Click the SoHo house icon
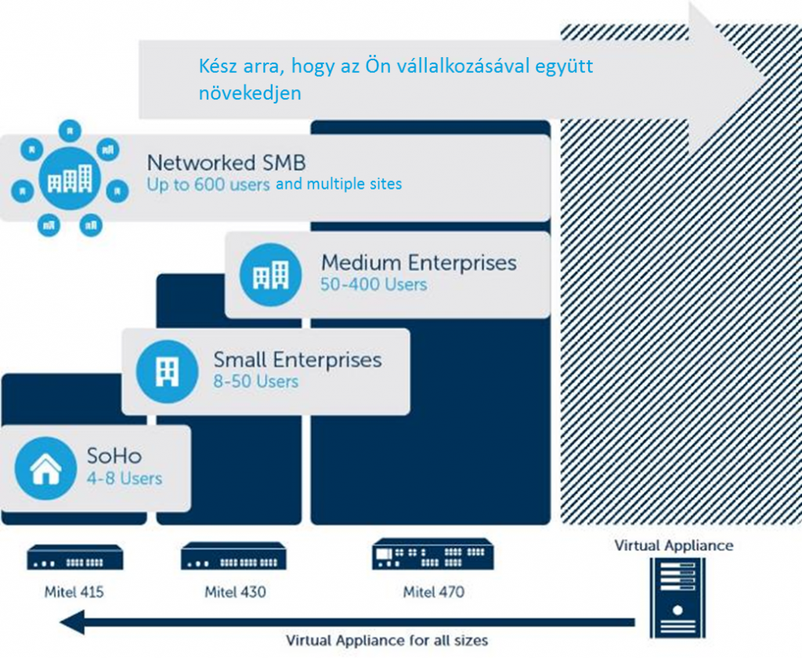point(45,468)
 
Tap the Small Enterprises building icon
point(168,371)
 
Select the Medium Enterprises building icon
point(270,274)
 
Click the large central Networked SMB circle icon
point(70,179)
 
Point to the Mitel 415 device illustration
point(74,557)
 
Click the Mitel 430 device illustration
point(233,556)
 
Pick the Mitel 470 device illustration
point(432,554)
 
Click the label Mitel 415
point(74,592)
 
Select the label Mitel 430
point(235,592)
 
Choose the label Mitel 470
point(434,592)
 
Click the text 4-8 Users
point(125,479)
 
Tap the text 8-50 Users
point(256,381)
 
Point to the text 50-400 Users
point(374,284)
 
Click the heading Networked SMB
point(226,163)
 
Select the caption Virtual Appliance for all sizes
point(387,640)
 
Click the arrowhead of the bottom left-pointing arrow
point(71,622)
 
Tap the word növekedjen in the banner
point(250,93)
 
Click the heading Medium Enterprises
point(419,262)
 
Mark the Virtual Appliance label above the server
point(674,545)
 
